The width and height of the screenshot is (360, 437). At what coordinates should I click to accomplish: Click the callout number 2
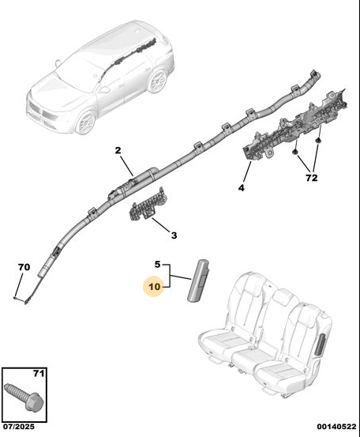(x=118, y=150)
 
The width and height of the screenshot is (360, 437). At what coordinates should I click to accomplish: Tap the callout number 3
(x=174, y=235)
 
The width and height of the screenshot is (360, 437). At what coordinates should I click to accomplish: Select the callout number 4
(x=241, y=188)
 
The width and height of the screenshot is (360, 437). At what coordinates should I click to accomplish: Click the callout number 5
(x=158, y=264)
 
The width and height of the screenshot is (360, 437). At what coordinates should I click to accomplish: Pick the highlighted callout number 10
(x=155, y=287)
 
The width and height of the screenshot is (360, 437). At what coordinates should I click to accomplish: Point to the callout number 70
(x=24, y=267)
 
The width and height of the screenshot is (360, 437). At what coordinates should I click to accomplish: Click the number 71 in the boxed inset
(x=39, y=373)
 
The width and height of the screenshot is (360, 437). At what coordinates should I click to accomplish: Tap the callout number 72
(x=312, y=178)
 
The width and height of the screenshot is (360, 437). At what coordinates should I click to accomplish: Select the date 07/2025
(x=19, y=427)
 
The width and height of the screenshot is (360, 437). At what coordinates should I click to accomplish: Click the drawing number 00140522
(x=336, y=427)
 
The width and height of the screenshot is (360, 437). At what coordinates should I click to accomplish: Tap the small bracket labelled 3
(x=148, y=205)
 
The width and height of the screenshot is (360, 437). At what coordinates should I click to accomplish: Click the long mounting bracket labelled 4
(x=295, y=125)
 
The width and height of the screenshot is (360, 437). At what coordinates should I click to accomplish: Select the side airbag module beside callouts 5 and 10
(x=199, y=281)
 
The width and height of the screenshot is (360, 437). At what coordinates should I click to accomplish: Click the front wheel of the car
(x=86, y=122)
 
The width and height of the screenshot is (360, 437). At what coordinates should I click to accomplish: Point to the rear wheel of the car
(x=157, y=81)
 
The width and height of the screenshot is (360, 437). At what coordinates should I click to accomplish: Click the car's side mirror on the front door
(x=104, y=89)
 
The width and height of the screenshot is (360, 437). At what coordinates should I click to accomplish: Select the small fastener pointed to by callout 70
(x=16, y=298)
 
